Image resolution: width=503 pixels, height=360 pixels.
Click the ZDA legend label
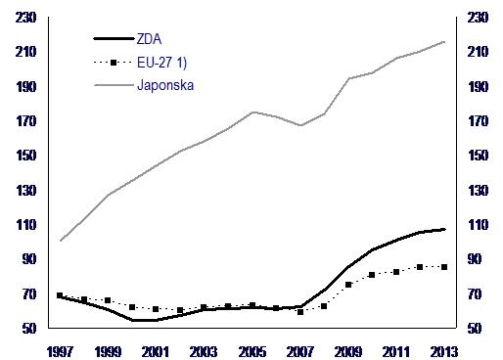pyautogui.click(x=149, y=39)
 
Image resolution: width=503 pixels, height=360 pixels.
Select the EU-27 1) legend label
pyautogui.click(x=161, y=63)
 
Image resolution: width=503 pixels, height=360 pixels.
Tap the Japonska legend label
pyautogui.click(x=165, y=85)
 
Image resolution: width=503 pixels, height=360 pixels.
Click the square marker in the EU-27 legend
pyautogui.click(x=114, y=63)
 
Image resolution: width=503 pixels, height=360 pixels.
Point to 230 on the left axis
pyautogui.click(x=25, y=18)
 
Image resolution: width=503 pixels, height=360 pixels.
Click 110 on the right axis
pyautogui.click(x=478, y=225)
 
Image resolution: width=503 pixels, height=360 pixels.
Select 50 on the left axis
pyautogui.click(x=29, y=329)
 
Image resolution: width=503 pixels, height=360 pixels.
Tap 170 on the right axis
pyautogui.click(x=478, y=121)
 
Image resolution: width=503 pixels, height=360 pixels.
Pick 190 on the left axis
pyautogui.click(x=25, y=87)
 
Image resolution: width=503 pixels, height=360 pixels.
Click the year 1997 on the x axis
pyautogui.click(x=61, y=352)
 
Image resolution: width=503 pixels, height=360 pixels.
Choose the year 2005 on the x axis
pyautogui.click(x=252, y=352)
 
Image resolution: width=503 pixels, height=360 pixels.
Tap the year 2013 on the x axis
pyautogui.click(x=444, y=352)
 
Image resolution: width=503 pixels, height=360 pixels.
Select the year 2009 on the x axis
pyautogui.click(x=348, y=352)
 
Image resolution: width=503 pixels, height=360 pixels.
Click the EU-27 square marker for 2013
pyautogui.click(x=444, y=267)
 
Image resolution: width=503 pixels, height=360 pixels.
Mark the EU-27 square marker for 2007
pyautogui.click(x=300, y=312)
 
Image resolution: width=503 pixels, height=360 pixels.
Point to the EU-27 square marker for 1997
pyautogui.click(x=60, y=295)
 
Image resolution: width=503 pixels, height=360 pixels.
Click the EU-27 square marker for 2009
pyautogui.click(x=348, y=285)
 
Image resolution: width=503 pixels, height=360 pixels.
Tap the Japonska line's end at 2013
pyautogui.click(x=444, y=42)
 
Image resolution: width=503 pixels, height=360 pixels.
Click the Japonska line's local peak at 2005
pyautogui.click(x=253, y=112)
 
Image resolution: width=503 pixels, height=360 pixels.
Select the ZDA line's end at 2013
pyautogui.click(x=444, y=230)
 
